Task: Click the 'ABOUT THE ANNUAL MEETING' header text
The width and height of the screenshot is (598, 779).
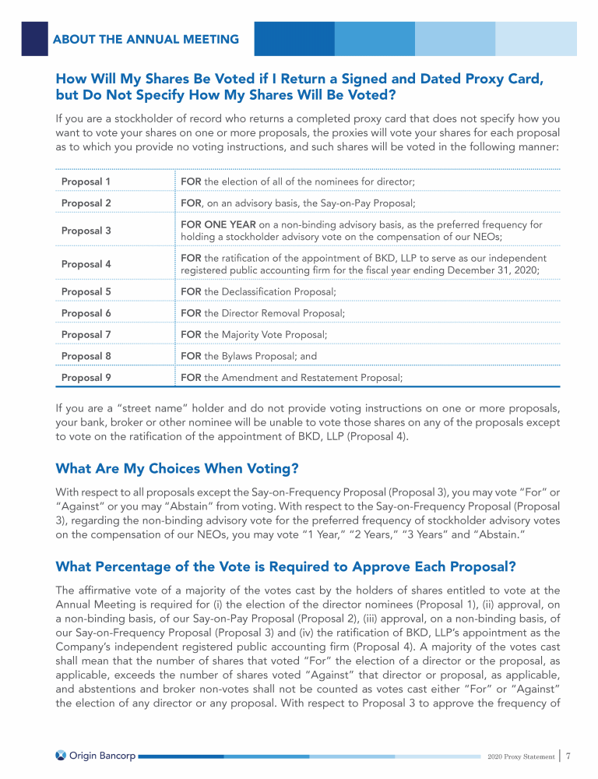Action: tap(146, 39)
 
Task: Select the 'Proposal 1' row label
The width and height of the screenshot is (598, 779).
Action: tap(86, 182)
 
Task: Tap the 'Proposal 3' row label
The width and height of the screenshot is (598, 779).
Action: tap(86, 231)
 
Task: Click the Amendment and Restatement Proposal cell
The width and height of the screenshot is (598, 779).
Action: tap(291, 378)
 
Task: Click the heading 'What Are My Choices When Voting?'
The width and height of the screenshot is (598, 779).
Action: tap(178, 469)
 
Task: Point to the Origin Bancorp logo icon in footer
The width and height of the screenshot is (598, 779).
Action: tap(62, 755)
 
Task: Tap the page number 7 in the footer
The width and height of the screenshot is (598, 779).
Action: tap(569, 755)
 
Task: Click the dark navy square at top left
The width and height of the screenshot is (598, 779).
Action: tap(34, 38)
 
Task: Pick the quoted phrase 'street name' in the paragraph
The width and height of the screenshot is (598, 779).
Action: tap(142, 408)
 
